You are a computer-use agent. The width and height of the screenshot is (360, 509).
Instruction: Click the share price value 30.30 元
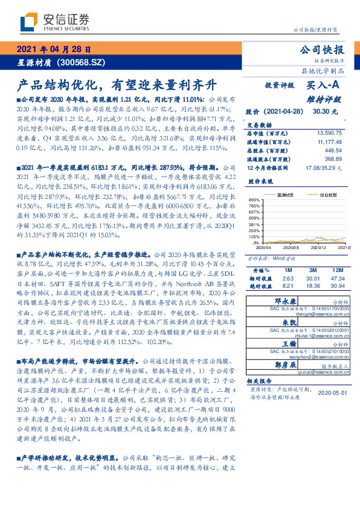(x=325, y=112)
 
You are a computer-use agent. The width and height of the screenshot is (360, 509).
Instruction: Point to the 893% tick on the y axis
(x=254, y=200)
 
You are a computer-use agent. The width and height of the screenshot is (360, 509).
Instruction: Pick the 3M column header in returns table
(x=312, y=269)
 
